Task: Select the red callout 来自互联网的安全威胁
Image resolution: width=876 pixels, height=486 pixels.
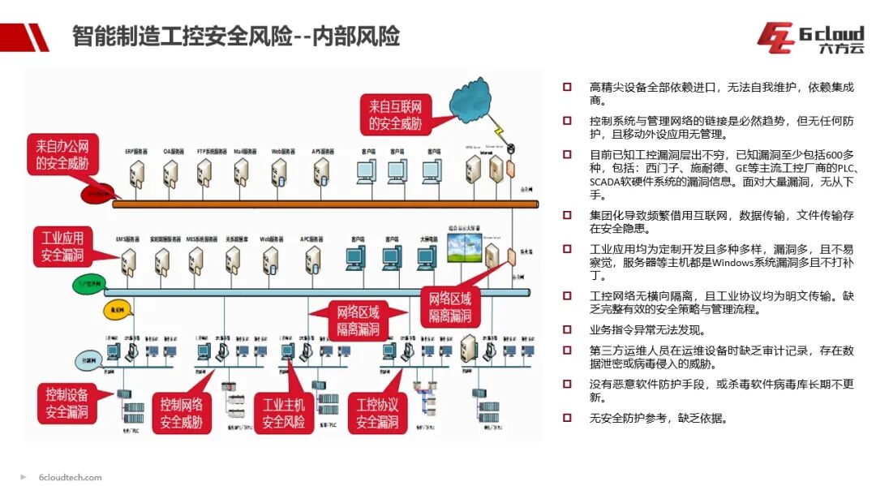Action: coord(395,114)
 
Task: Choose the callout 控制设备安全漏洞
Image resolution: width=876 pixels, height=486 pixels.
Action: coord(67,403)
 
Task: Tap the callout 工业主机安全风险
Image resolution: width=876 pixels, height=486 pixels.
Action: coord(283,413)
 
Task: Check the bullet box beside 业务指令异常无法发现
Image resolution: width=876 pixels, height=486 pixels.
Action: coord(568,330)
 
